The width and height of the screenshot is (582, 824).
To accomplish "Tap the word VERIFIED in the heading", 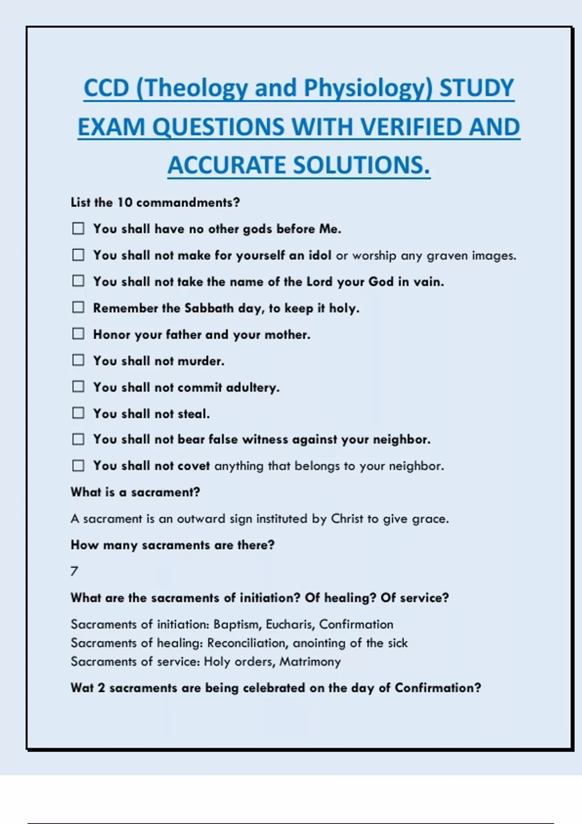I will coord(409,127).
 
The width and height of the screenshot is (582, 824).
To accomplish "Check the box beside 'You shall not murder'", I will coord(78,360).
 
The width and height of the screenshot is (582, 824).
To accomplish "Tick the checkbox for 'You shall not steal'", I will coord(78,413).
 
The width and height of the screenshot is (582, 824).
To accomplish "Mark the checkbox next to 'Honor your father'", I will coord(78,334).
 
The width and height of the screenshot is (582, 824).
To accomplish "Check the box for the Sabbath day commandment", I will coord(78,307).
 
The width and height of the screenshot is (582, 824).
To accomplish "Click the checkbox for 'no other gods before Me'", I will coord(78,228).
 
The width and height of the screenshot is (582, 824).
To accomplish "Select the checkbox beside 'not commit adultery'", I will coord(78,386).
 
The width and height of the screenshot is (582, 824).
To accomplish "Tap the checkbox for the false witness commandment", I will coord(78,439).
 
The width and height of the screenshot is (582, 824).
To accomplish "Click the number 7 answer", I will coord(74,571).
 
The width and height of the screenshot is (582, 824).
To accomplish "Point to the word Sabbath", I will coord(209,308).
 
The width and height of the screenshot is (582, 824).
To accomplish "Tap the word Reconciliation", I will coord(246,643).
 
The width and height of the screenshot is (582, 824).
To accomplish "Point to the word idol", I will coord(320,255).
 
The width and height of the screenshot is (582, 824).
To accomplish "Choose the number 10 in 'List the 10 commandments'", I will coord(125,203).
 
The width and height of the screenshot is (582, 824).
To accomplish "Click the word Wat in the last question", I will coord(82,688).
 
